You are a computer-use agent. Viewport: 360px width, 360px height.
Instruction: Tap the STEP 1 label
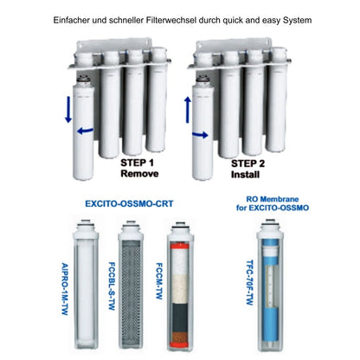[137, 163]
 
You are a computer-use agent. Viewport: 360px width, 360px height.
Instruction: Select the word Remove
[139, 174]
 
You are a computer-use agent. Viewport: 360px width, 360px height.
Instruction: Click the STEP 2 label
[247, 164]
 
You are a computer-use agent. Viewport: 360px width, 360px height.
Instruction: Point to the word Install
[245, 175]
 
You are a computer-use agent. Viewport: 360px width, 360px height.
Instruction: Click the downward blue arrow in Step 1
[68, 109]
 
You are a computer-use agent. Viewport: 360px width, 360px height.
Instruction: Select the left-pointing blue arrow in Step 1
[86, 131]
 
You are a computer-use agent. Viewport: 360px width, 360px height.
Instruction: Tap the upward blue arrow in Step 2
[188, 110]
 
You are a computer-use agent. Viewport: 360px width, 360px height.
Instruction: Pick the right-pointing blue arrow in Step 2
[200, 135]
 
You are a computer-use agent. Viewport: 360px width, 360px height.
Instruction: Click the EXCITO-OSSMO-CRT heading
[129, 204]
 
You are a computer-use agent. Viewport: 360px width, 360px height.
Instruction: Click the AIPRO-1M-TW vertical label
[65, 289]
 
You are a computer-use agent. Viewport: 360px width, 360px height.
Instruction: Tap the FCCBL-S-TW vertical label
[112, 286]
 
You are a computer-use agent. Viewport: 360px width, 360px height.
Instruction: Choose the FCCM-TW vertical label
[159, 281]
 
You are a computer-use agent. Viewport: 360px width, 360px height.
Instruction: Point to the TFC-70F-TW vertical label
[250, 283]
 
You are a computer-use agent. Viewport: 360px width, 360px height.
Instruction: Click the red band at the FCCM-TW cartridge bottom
[180, 344]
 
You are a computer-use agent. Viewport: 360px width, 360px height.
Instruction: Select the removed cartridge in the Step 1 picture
[83, 127]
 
